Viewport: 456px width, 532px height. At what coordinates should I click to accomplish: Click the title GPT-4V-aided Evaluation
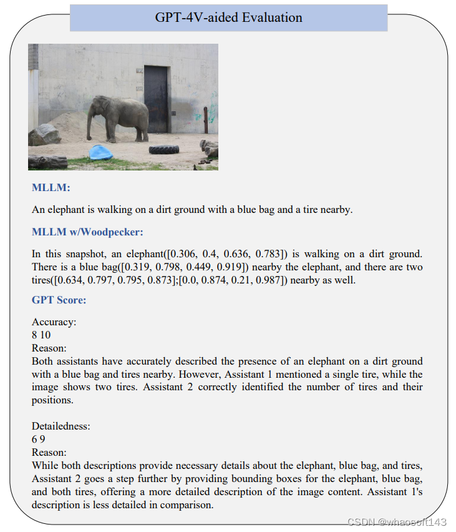click(228, 17)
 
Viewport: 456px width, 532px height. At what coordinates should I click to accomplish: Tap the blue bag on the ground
click(101, 152)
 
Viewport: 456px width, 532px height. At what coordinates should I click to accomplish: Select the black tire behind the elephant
click(164, 149)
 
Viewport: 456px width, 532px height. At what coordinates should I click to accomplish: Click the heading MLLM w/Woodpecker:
click(87, 232)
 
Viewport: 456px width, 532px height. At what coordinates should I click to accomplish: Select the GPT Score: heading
click(59, 300)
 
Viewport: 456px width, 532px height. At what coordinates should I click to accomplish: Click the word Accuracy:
click(54, 322)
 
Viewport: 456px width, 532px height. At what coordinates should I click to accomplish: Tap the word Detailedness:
click(61, 426)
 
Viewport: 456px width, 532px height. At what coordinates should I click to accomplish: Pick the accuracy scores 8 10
click(41, 335)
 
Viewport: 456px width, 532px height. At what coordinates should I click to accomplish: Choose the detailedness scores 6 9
click(39, 439)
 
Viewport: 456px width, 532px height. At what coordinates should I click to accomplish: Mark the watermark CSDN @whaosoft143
click(397, 521)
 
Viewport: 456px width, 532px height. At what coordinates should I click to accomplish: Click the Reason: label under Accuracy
click(49, 348)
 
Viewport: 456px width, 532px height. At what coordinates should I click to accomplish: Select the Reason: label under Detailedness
click(49, 452)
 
